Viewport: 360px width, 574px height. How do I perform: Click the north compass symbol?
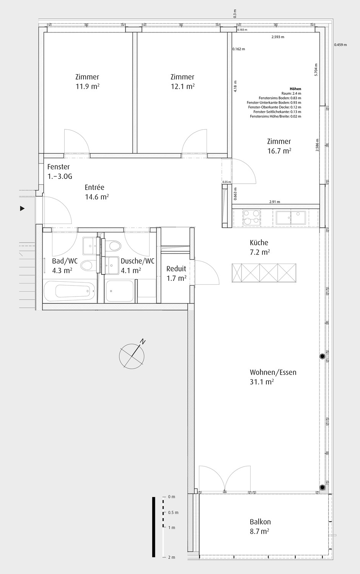[132, 356]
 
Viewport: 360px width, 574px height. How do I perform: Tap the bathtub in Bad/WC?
[70, 292]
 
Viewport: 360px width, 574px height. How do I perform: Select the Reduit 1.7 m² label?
[176, 274]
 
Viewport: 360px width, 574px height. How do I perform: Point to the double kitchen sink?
[291, 217]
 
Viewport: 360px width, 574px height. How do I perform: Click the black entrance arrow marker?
[23, 209]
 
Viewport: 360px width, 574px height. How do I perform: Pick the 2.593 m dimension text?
[278, 37]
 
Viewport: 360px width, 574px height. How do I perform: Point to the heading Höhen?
[295, 89]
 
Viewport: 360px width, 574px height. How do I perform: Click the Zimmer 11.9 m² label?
[87, 82]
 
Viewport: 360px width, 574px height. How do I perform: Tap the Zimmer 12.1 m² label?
[182, 82]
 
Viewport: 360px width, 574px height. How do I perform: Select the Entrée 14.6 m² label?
[97, 192]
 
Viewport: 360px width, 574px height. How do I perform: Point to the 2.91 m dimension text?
[275, 202]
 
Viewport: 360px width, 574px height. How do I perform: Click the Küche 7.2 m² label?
[259, 247]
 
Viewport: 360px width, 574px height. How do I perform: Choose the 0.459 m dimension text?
[340, 45]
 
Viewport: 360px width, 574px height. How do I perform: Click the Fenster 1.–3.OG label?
[59, 171]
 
